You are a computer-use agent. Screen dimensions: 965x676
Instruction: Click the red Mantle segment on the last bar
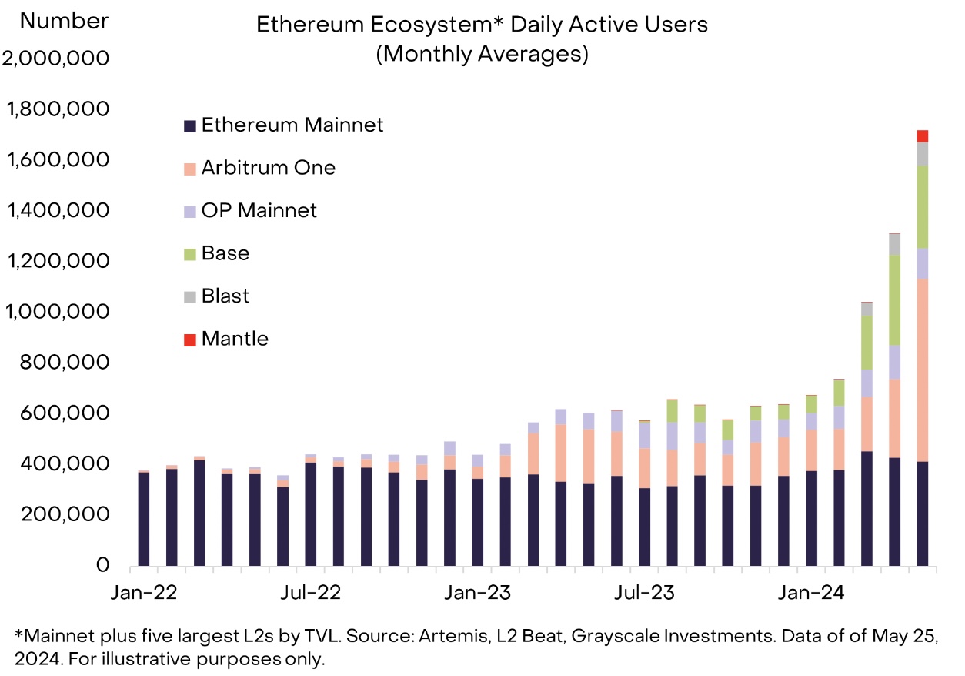pyautogui.click(x=922, y=136)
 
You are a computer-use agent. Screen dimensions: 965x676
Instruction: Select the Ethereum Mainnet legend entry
pyautogui.click(x=283, y=125)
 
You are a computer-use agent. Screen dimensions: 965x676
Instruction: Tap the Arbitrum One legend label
pyautogui.click(x=269, y=168)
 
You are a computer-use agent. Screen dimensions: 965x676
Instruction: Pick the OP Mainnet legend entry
pyautogui.click(x=250, y=210)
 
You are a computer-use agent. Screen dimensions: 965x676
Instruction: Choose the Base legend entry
pyautogui.click(x=216, y=253)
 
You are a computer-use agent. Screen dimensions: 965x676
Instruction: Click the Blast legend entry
pyautogui.click(x=216, y=296)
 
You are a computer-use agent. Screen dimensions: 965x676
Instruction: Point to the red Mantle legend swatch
pyautogui.click(x=190, y=340)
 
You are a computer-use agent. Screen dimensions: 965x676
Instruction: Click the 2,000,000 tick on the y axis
pyautogui.click(x=55, y=59)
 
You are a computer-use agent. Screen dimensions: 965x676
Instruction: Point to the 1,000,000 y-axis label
pyautogui.click(x=57, y=311)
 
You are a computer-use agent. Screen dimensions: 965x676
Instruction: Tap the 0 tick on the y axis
pyautogui.click(x=102, y=564)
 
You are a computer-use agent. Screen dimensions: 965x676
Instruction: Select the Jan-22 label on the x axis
pyautogui.click(x=144, y=593)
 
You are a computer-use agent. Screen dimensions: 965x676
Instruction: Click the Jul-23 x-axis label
pyautogui.click(x=644, y=593)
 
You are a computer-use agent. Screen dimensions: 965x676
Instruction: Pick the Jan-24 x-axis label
pyautogui.click(x=811, y=593)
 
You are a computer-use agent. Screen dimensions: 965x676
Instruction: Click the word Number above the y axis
pyautogui.click(x=64, y=21)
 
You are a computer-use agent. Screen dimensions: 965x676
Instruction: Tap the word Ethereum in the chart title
pyautogui.click(x=310, y=24)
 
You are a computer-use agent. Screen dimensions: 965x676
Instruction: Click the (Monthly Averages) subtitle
pyautogui.click(x=482, y=54)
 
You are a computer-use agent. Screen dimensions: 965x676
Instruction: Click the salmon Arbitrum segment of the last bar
pyautogui.click(x=922, y=370)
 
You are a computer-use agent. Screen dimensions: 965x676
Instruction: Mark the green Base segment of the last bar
pyautogui.click(x=922, y=207)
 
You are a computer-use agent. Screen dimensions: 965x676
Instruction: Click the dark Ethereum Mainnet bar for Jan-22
pyautogui.click(x=144, y=519)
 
